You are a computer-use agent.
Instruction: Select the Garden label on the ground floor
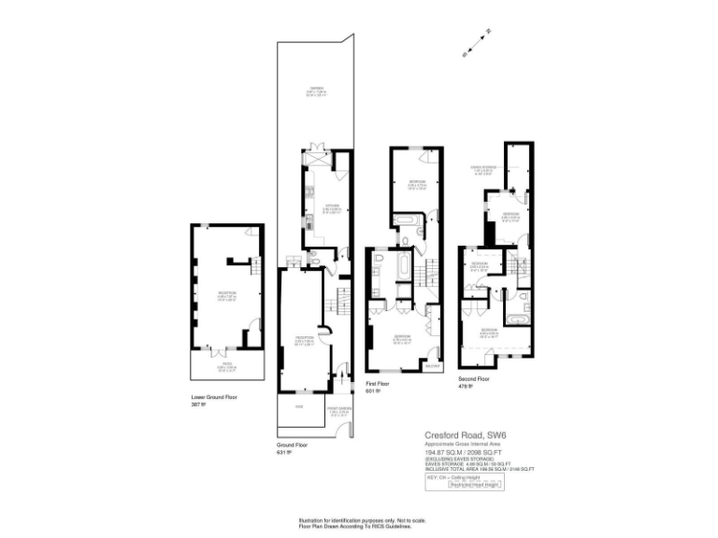click(317, 91)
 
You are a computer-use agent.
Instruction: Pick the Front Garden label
click(339, 408)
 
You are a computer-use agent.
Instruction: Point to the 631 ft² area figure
click(283, 453)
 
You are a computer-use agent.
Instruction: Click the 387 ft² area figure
click(197, 405)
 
